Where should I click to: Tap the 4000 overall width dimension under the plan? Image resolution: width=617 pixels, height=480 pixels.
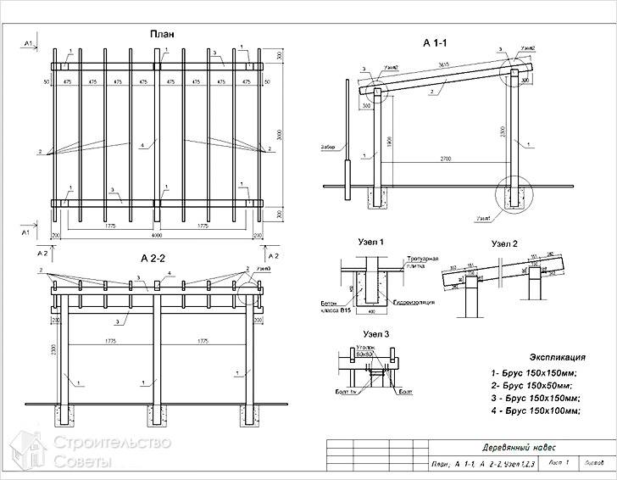(x=157, y=235)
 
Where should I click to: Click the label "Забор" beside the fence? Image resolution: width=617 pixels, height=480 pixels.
(x=329, y=147)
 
